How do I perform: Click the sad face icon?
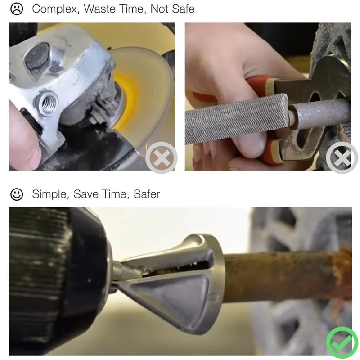tap(17, 9)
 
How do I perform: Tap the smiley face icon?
tap(17, 194)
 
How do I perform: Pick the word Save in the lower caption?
tap(88, 194)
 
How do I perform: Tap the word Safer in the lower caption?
tap(147, 194)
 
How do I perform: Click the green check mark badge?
tap(342, 342)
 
